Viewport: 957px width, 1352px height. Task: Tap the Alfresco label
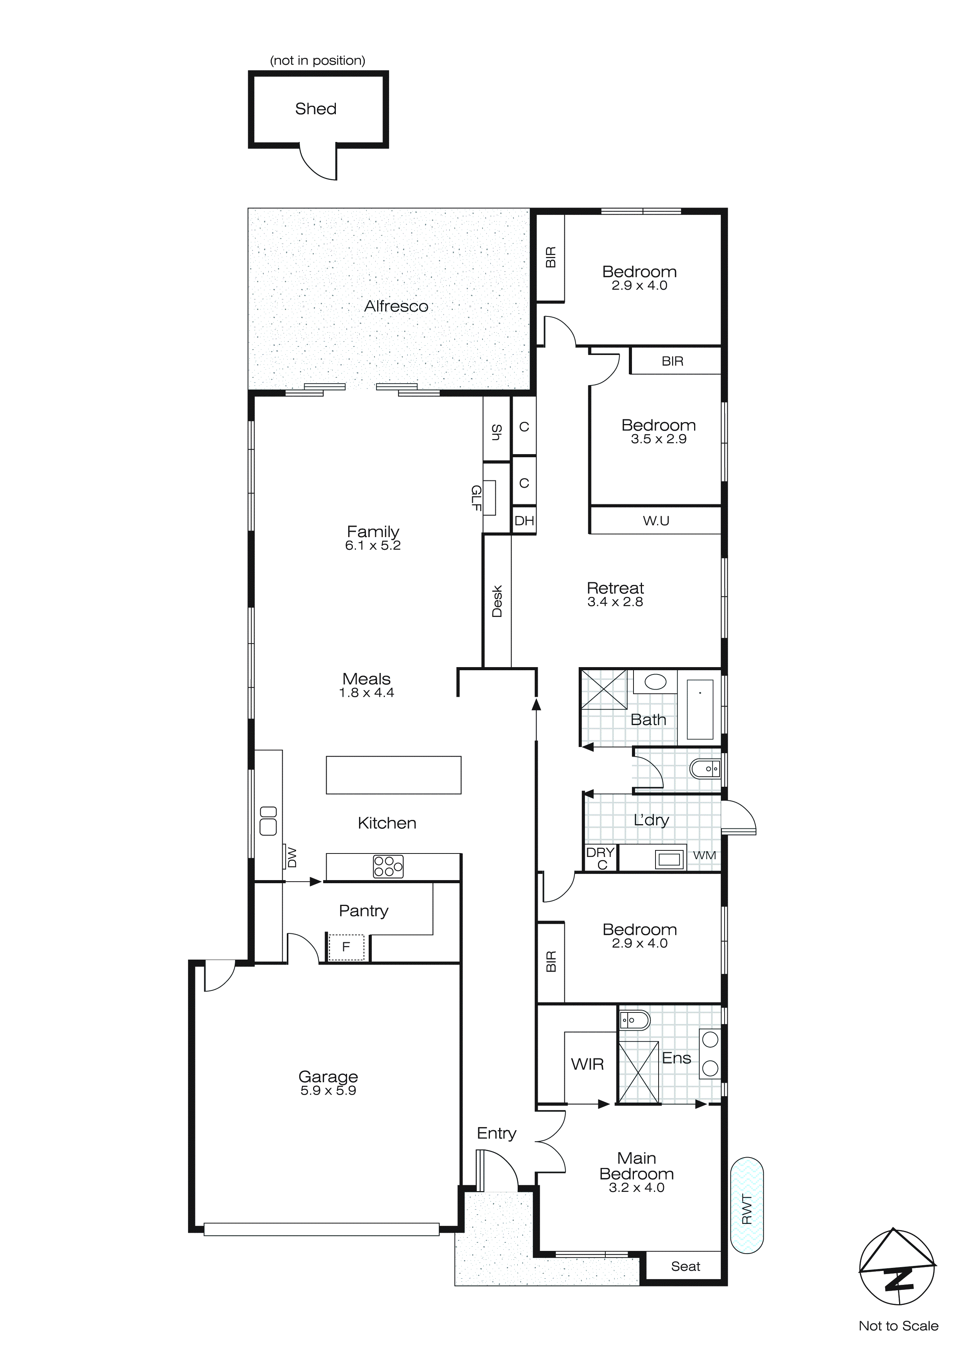pyautogui.click(x=396, y=306)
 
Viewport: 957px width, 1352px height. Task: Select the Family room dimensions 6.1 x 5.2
pyautogui.click(x=373, y=546)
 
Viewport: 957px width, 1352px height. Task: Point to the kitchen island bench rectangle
pyautogui.click(x=394, y=775)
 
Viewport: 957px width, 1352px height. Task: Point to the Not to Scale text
pyautogui.click(x=898, y=1326)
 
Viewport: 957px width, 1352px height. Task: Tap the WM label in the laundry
pyautogui.click(x=704, y=855)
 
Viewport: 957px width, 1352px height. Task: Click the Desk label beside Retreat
pyautogui.click(x=497, y=601)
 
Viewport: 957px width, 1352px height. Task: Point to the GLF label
pyautogui.click(x=476, y=498)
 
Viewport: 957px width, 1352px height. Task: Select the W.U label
pyautogui.click(x=656, y=521)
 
